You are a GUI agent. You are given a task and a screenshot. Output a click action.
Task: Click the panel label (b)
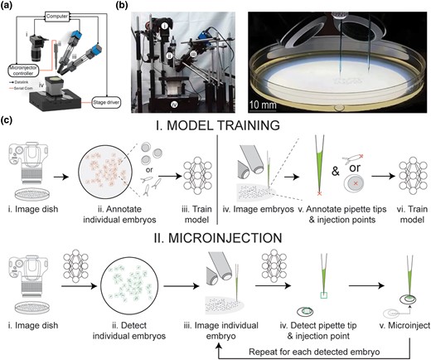(x=126, y=7)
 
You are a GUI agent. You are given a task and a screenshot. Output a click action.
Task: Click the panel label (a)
(x=7, y=7)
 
